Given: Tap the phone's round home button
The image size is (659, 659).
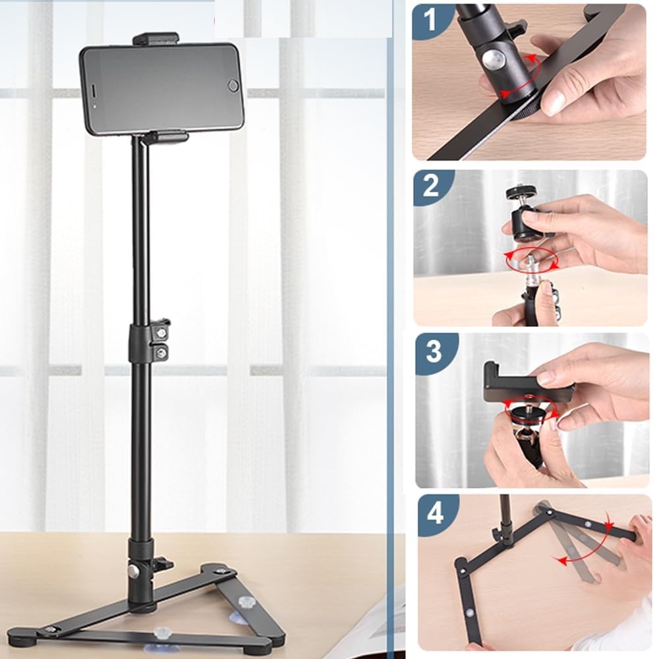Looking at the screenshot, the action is (x=232, y=86).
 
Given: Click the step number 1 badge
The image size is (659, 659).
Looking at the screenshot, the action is (x=430, y=20).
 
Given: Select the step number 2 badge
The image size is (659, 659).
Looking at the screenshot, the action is (x=431, y=186).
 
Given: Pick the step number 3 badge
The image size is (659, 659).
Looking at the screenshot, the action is (x=434, y=351).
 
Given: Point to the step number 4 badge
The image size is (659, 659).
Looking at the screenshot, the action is (x=435, y=513).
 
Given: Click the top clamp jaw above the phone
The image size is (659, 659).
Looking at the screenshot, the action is (x=155, y=38).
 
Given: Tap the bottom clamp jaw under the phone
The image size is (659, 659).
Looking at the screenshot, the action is (x=168, y=138).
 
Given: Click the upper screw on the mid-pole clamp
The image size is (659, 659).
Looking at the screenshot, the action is (x=160, y=333).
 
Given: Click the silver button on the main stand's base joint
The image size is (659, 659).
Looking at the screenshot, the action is (x=134, y=571).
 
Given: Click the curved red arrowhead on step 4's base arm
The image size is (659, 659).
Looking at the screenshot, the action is (x=559, y=559).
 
